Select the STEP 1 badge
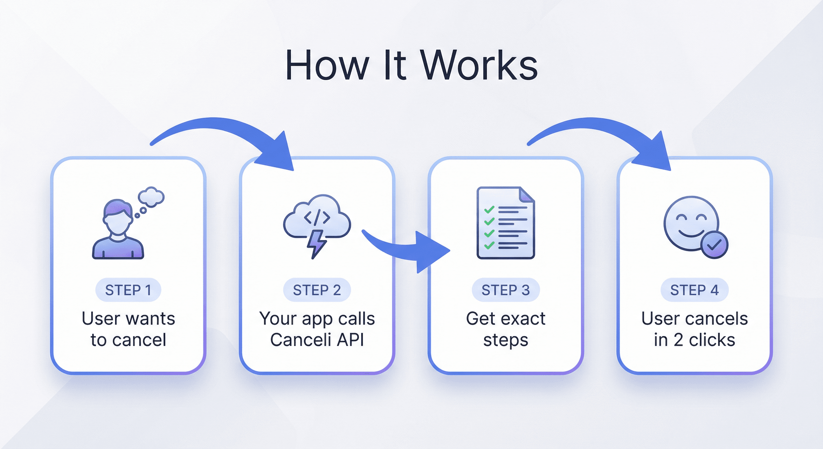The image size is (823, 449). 128,290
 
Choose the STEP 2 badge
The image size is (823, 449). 317,290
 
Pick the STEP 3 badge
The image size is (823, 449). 506,290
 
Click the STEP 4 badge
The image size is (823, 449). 695,290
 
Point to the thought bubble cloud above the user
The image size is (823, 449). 151,196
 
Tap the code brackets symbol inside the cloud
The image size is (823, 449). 317,217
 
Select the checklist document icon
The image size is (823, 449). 506,223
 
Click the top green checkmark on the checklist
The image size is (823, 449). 489,210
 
